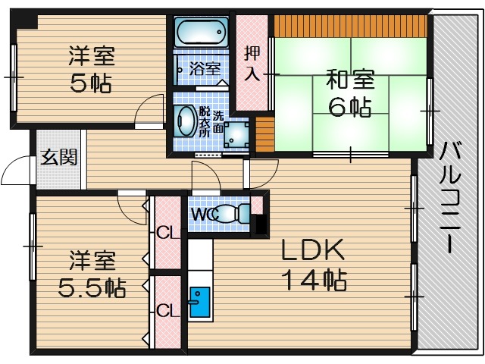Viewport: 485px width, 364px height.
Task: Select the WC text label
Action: [205, 215]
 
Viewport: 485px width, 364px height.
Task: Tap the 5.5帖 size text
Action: [92, 287]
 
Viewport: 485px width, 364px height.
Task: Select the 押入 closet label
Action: [252, 64]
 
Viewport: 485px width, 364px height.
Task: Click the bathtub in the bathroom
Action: [201, 33]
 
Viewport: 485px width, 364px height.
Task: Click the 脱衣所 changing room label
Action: [205, 121]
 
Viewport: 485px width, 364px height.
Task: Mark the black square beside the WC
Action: [261, 224]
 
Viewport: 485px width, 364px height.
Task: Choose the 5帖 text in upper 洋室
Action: [91, 81]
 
